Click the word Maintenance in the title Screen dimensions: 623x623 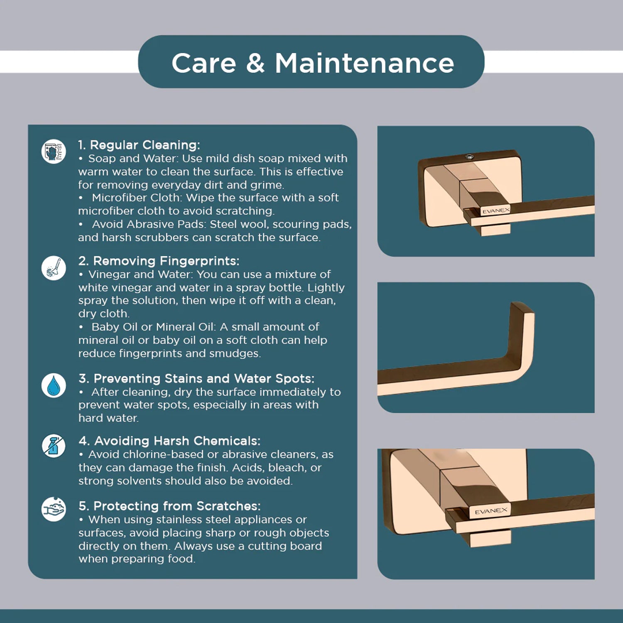364,63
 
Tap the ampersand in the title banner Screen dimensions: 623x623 255,63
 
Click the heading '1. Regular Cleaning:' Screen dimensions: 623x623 139,145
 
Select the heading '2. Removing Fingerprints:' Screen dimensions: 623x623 159,261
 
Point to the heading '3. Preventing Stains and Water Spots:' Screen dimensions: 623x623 196,378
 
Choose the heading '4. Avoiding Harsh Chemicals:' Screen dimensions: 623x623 169,441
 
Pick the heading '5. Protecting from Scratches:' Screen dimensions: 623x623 169,506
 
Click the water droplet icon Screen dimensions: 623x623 54,385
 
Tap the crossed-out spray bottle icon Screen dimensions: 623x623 54,446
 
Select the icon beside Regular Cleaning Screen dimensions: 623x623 54,151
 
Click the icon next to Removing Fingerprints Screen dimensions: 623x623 54,267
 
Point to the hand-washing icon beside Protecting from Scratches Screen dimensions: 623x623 54,509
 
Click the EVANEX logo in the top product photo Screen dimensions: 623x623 495,211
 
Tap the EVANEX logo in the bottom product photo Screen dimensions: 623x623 491,511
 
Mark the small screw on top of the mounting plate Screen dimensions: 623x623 469,157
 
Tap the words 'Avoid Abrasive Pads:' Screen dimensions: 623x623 149,224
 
